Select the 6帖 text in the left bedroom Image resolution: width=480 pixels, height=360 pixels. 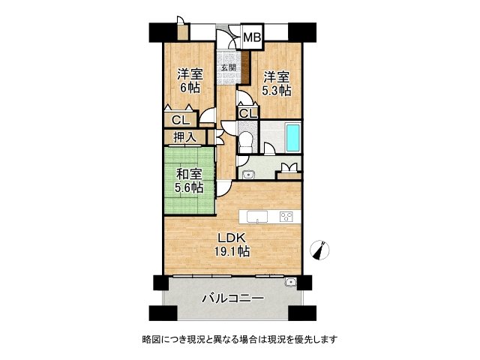click(189, 88)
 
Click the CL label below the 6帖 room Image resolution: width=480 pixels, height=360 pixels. click(180, 119)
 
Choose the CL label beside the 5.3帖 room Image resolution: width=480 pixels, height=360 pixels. click(248, 113)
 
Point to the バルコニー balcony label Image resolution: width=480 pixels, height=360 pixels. click(232, 298)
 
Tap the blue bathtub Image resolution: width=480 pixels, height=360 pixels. click(292, 138)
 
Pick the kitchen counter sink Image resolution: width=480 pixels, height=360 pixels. click(256, 218)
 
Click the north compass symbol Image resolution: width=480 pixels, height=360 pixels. click(321, 250)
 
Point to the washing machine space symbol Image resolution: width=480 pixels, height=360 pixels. click(287, 170)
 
